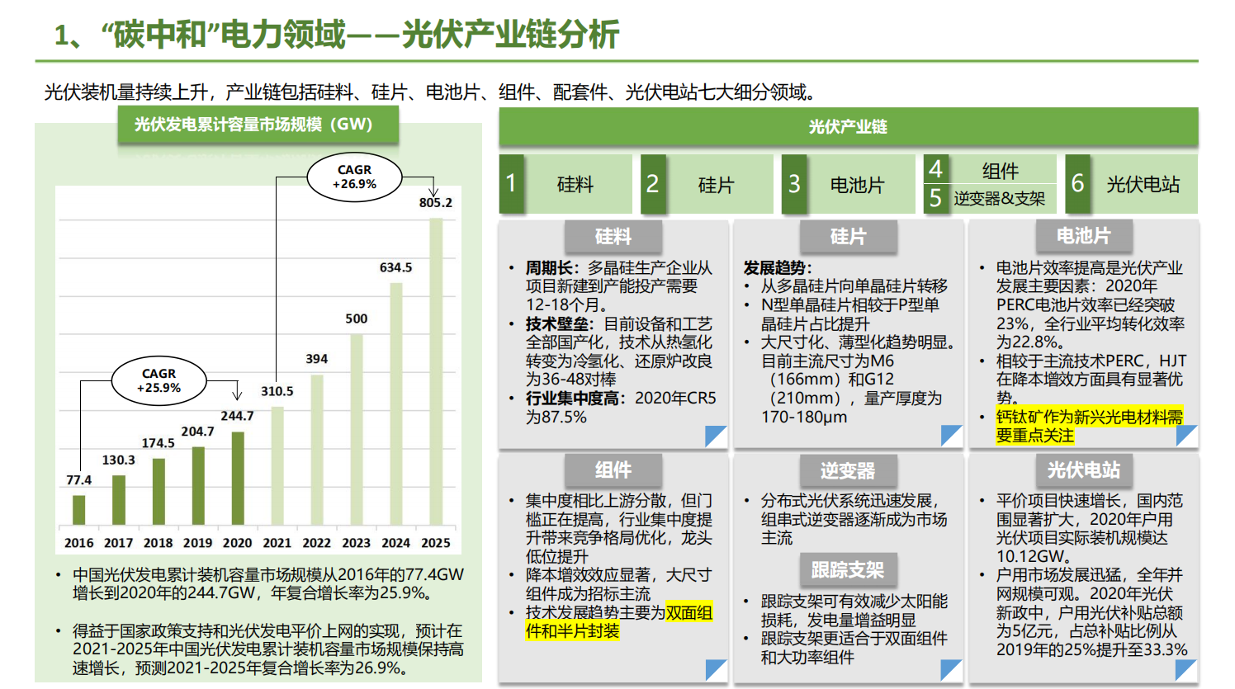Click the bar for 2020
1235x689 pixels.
(x=238, y=479)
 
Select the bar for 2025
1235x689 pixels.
(x=436, y=371)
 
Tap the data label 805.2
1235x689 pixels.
(x=436, y=203)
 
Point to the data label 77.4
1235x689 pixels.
(x=79, y=480)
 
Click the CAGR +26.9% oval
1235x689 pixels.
(x=354, y=177)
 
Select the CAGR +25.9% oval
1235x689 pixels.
(x=159, y=380)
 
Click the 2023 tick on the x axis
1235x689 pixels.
(x=356, y=543)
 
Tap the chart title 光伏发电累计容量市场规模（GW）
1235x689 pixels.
(x=253, y=125)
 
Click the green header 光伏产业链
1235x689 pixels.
(x=848, y=127)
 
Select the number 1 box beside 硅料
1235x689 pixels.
(x=511, y=183)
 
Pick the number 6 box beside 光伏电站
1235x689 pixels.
(x=1077, y=183)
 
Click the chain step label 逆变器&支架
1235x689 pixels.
(x=999, y=199)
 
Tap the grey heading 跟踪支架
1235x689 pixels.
(x=847, y=570)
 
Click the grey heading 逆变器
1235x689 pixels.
(x=847, y=471)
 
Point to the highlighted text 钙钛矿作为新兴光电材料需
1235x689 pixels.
(x=1089, y=417)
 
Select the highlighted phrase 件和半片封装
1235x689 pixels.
(x=572, y=631)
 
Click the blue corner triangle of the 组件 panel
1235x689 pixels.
(x=717, y=670)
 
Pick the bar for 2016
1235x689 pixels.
(x=79, y=510)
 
